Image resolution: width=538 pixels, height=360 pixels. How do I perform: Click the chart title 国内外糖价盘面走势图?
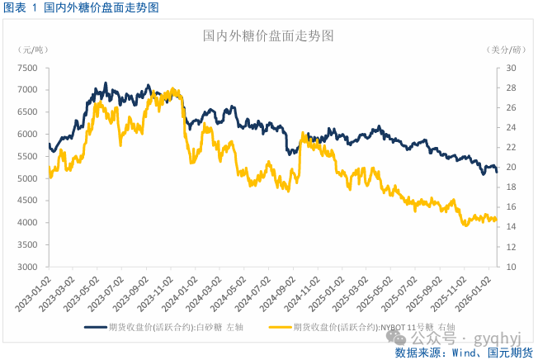(x=268, y=36)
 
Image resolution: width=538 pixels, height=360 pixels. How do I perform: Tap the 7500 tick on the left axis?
(x=28, y=68)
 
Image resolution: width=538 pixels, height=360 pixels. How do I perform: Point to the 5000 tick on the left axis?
(x=28, y=179)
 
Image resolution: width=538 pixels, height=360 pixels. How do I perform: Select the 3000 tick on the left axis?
(x=28, y=268)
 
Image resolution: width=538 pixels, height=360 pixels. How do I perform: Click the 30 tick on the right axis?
(x=510, y=68)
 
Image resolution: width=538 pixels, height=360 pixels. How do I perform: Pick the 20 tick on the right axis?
(x=510, y=168)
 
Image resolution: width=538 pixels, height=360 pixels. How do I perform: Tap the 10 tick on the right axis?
(x=510, y=268)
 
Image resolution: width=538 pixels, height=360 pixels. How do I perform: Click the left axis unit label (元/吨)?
(x=31, y=50)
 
